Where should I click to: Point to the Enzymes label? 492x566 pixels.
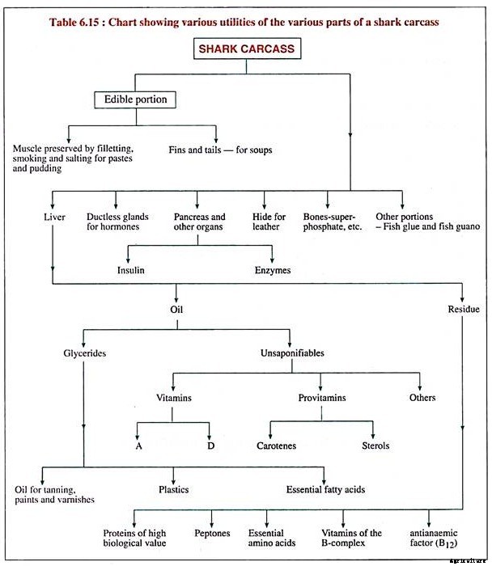273,270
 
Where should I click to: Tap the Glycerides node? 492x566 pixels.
83,353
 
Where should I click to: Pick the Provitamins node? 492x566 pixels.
322,397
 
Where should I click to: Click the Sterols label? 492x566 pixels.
375,446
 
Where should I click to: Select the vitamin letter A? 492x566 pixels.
138,446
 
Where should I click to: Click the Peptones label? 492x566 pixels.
212,533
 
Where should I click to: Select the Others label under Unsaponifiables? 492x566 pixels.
422,397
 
